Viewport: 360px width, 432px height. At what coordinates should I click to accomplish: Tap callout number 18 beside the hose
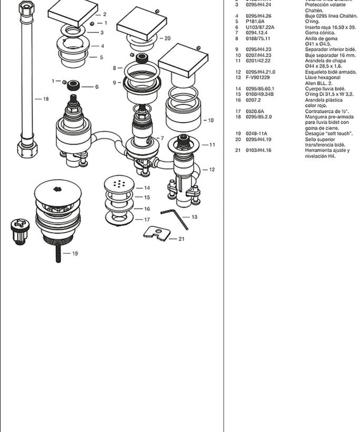click(x=46, y=99)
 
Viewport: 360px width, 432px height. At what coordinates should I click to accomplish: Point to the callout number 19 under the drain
click(x=74, y=253)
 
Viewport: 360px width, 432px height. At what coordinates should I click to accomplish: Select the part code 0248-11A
click(x=256, y=134)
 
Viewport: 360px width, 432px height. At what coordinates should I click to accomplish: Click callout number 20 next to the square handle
click(x=167, y=39)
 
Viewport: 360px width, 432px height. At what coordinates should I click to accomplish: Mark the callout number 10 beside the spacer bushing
click(x=210, y=120)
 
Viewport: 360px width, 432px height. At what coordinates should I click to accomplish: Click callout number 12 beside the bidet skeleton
click(x=212, y=169)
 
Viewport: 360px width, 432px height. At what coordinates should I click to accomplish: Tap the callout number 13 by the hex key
click(x=194, y=217)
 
